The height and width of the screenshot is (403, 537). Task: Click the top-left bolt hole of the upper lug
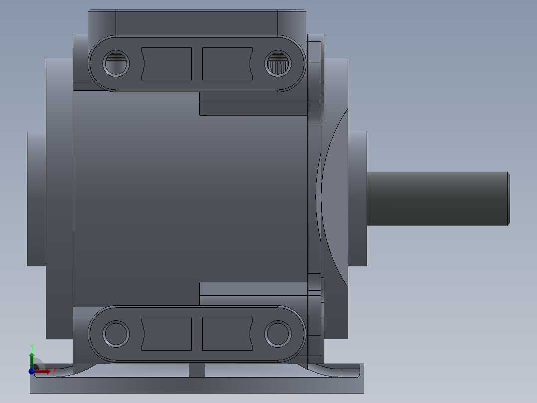[116, 64]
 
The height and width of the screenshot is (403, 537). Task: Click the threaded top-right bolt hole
[277, 64]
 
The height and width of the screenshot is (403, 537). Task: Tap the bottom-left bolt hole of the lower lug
[116, 334]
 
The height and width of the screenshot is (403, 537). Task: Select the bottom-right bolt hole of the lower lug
[277, 334]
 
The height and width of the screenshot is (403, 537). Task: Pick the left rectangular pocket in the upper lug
[166, 64]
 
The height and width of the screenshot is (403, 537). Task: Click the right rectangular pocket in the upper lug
[227, 64]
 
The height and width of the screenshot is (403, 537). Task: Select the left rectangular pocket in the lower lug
[166, 334]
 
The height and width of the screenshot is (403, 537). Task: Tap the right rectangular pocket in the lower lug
[227, 334]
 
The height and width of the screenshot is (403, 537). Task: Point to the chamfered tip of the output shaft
[508, 198]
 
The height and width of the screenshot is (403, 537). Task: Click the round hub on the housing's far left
[36, 198]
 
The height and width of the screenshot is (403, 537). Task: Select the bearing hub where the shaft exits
[358, 198]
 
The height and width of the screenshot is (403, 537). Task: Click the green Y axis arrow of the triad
[31, 355]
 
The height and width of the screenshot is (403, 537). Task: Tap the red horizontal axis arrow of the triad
[44, 371]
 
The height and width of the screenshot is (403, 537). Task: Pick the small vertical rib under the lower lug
[197, 370]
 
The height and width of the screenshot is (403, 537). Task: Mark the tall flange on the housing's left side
[59, 198]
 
